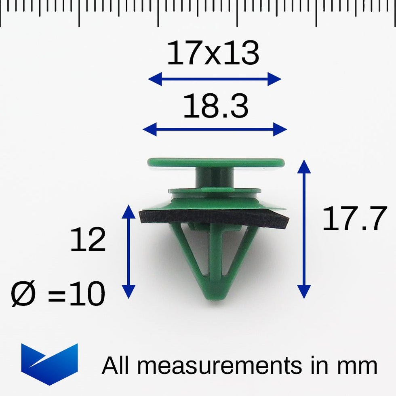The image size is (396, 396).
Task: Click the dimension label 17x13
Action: [x=213, y=54]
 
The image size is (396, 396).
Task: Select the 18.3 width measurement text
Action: [x=215, y=107]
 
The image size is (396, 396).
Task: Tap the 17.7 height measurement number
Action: [x=354, y=219]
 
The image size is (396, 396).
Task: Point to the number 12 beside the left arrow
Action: [x=88, y=240]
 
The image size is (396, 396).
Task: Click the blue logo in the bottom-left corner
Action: [x=49, y=363]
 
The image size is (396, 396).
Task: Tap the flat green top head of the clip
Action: [x=216, y=162]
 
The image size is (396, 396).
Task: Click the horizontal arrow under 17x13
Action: [x=215, y=79]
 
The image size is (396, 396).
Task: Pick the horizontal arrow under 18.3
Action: [x=215, y=130]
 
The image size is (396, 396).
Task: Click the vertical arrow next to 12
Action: [x=128, y=251]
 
